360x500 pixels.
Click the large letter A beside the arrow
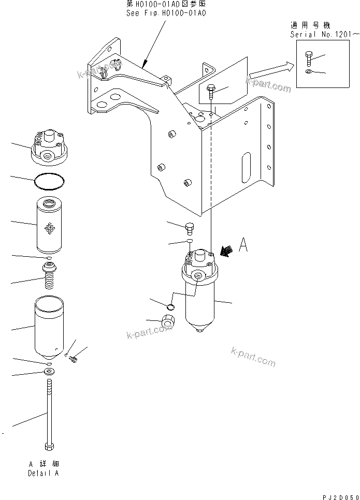tap(242, 245)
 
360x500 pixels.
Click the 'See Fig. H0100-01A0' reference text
tap(166, 13)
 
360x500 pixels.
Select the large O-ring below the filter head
tap(50, 181)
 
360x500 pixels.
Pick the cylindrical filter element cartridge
tap(50, 224)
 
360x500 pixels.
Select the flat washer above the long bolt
tap(49, 371)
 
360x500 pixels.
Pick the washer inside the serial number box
tap(309, 71)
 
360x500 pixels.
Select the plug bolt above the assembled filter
tap(190, 227)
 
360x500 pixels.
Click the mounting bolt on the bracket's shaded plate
tap(210, 91)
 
